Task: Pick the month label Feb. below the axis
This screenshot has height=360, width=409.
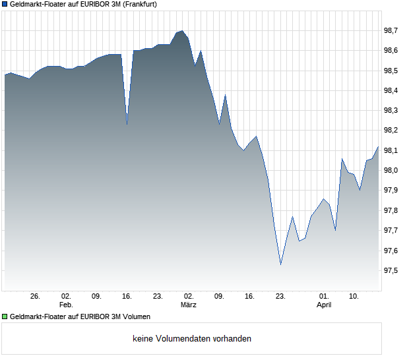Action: tap(66, 305)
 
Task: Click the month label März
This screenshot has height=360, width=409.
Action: tap(189, 305)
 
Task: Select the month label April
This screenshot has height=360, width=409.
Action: tap(324, 305)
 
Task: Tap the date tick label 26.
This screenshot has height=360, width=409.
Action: tap(36, 297)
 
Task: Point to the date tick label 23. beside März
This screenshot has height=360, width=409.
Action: tap(280, 297)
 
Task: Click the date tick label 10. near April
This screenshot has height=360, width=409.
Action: tap(354, 297)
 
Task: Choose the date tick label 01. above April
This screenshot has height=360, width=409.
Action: tap(324, 297)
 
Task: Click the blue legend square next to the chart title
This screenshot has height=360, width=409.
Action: tap(5, 5)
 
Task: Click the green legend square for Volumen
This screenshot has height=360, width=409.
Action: tap(5, 316)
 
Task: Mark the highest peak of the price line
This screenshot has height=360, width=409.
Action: tap(182, 30)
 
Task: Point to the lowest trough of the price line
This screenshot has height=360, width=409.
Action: tap(281, 264)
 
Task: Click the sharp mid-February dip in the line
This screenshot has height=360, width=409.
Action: tap(127, 123)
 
